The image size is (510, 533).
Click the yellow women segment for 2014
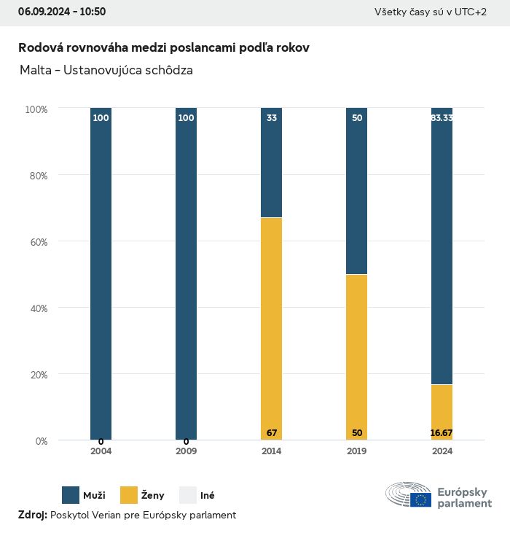272,328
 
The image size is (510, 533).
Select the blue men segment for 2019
357,191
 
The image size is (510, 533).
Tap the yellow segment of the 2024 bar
442,412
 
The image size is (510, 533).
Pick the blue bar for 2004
101,273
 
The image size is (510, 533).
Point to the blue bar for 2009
186,273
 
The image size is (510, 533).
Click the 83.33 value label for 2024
442,117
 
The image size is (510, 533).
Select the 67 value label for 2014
272,433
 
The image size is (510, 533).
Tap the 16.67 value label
442,433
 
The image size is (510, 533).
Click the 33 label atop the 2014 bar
272,117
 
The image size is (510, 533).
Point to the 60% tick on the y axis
36,242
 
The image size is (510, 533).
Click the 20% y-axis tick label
36,375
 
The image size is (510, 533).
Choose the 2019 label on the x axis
357,451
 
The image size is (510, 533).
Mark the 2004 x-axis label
101,451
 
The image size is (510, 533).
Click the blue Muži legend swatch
71,495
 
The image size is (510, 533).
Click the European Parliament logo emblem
409,495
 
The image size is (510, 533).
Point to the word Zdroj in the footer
32,515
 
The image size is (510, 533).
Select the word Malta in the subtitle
35,71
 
